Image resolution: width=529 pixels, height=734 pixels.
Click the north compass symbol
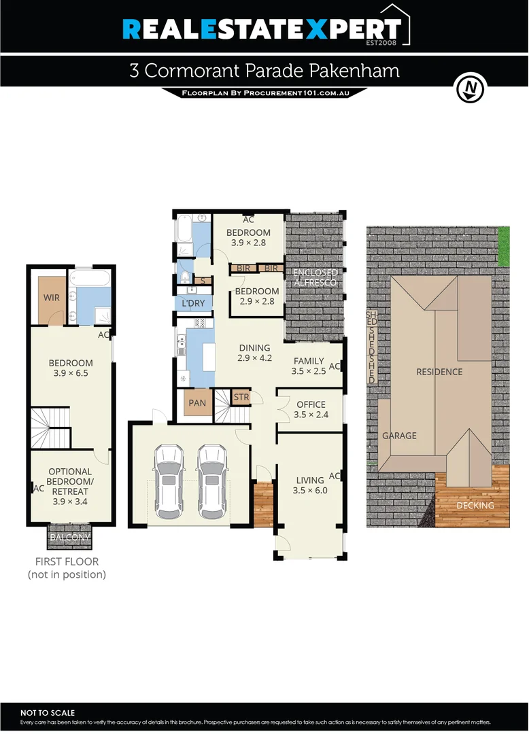469,88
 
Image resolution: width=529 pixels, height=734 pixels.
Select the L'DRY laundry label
193,303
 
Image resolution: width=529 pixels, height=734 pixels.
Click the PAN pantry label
197,403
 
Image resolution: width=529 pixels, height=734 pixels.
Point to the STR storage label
241,398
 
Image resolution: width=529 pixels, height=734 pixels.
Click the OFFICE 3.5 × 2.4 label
311,410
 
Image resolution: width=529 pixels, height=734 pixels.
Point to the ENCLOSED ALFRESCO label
315,278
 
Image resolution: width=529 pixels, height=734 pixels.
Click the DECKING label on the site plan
475,506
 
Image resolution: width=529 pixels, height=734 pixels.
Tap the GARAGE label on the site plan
399,436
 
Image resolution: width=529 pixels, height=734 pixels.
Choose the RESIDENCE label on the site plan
439,372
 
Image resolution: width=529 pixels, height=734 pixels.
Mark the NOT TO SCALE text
48,712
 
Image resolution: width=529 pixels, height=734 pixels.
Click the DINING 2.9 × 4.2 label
254,353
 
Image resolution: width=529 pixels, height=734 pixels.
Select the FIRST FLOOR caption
67,562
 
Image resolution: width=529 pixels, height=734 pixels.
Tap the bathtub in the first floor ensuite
90,279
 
